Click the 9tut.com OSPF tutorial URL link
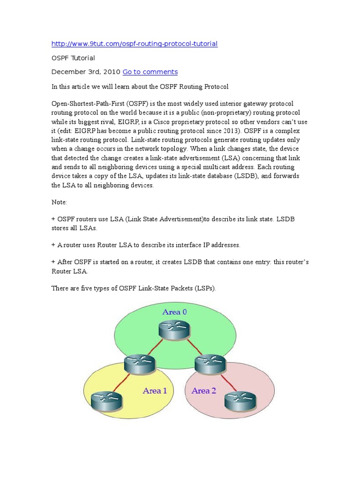(135, 44)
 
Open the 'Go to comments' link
(150, 72)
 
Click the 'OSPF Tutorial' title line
(73, 58)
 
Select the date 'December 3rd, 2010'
(86, 72)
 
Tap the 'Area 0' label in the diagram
(174, 312)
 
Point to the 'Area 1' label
(155, 390)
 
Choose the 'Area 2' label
(204, 390)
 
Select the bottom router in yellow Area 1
(106, 399)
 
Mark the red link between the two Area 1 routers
(123, 380)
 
